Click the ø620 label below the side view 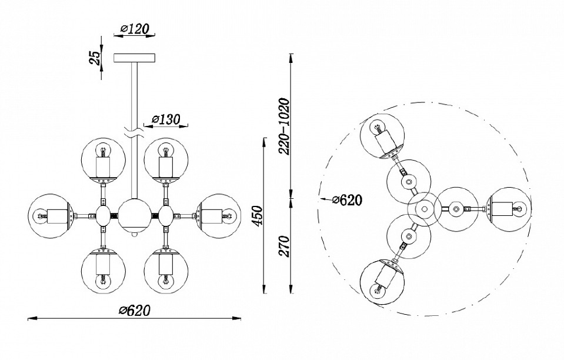pyautogui.click(x=135, y=310)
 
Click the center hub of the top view pyautogui.click(x=424, y=207)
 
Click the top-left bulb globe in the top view pyautogui.click(x=381, y=135)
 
